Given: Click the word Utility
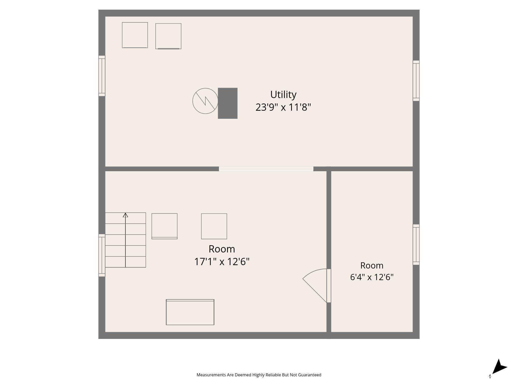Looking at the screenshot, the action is (x=283, y=95).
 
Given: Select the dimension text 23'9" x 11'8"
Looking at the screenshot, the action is (x=283, y=107).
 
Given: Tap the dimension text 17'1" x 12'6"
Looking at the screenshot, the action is (x=222, y=262).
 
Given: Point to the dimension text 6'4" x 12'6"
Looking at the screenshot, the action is (x=372, y=277).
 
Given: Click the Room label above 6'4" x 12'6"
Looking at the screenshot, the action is (x=372, y=265).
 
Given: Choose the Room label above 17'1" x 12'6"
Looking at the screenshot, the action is (x=222, y=249).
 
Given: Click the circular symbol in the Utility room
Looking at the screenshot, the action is (x=205, y=101).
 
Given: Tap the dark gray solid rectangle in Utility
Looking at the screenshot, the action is (x=228, y=103).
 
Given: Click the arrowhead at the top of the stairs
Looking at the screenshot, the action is (x=125, y=215).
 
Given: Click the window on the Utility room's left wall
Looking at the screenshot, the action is (x=102, y=76).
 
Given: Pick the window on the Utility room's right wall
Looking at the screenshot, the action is (x=416, y=81).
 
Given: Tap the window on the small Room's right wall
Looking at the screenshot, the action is (x=416, y=244).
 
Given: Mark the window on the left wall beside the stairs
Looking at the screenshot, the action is (x=102, y=255).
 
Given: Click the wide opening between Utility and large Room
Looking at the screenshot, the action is (x=266, y=169).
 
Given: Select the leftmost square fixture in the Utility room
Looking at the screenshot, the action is (x=135, y=35).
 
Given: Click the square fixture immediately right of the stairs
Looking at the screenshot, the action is (x=164, y=226).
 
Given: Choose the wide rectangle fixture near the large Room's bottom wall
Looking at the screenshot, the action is (x=190, y=312).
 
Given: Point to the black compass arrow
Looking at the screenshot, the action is (x=499, y=367).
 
